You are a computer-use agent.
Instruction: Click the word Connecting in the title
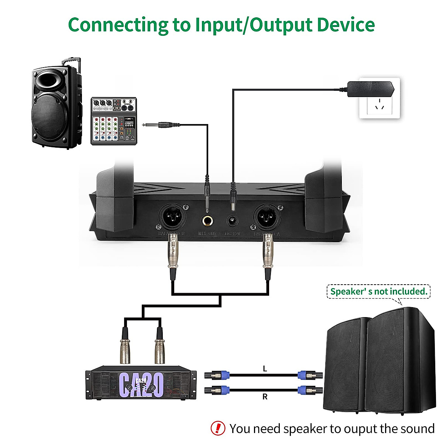[118, 25]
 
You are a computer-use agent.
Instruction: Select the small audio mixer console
[114, 121]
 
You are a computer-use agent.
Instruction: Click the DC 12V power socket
[233, 221]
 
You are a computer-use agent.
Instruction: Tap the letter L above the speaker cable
[265, 368]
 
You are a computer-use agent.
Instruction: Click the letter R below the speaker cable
[265, 397]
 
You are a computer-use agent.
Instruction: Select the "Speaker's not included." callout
[378, 292]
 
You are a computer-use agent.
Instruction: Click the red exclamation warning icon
[218, 428]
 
